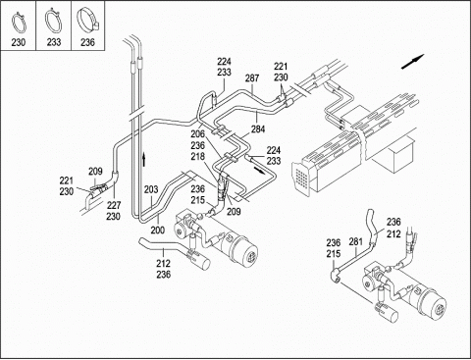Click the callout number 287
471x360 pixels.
point(252,78)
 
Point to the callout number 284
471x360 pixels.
point(258,129)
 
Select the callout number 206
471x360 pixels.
point(197,134)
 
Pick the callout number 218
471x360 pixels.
point(197,156)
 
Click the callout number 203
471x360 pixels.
point(151,189)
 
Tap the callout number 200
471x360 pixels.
point(158,231)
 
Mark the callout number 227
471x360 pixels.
point(113,205)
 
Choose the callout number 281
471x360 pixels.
point(356,242)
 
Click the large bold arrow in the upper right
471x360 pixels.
point(412,62)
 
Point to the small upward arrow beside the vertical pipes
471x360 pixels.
point(143,159)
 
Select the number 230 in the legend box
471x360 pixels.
point(19,42)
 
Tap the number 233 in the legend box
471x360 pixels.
point(54,42)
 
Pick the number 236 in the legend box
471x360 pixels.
point(87,42)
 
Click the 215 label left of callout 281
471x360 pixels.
point(334,254)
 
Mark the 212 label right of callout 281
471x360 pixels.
point(393,234)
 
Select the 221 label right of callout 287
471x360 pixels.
point(281,67)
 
